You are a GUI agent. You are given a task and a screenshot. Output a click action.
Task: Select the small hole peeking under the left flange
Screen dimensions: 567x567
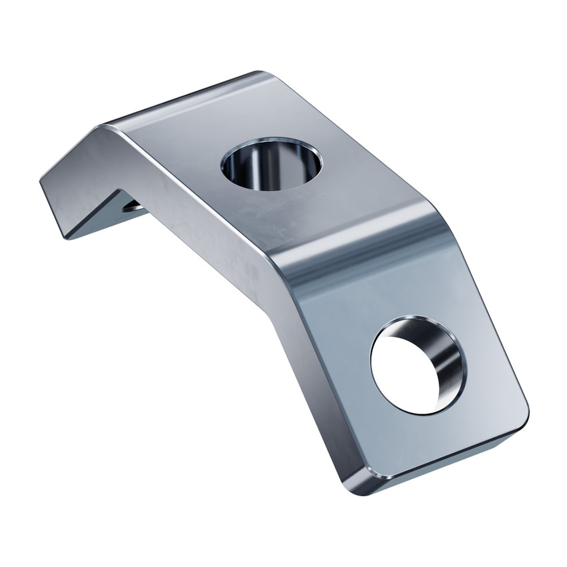point(133,206)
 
